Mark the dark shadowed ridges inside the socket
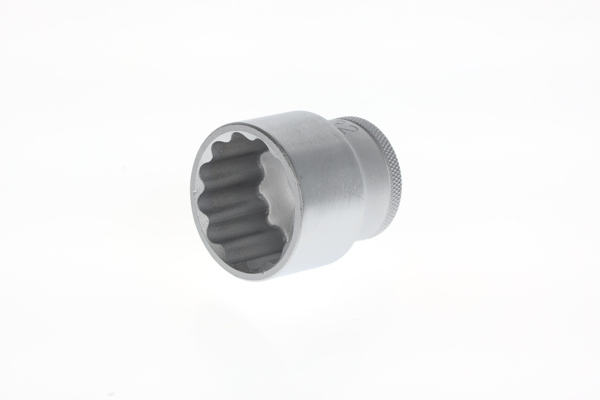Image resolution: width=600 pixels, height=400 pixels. point(225,206)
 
